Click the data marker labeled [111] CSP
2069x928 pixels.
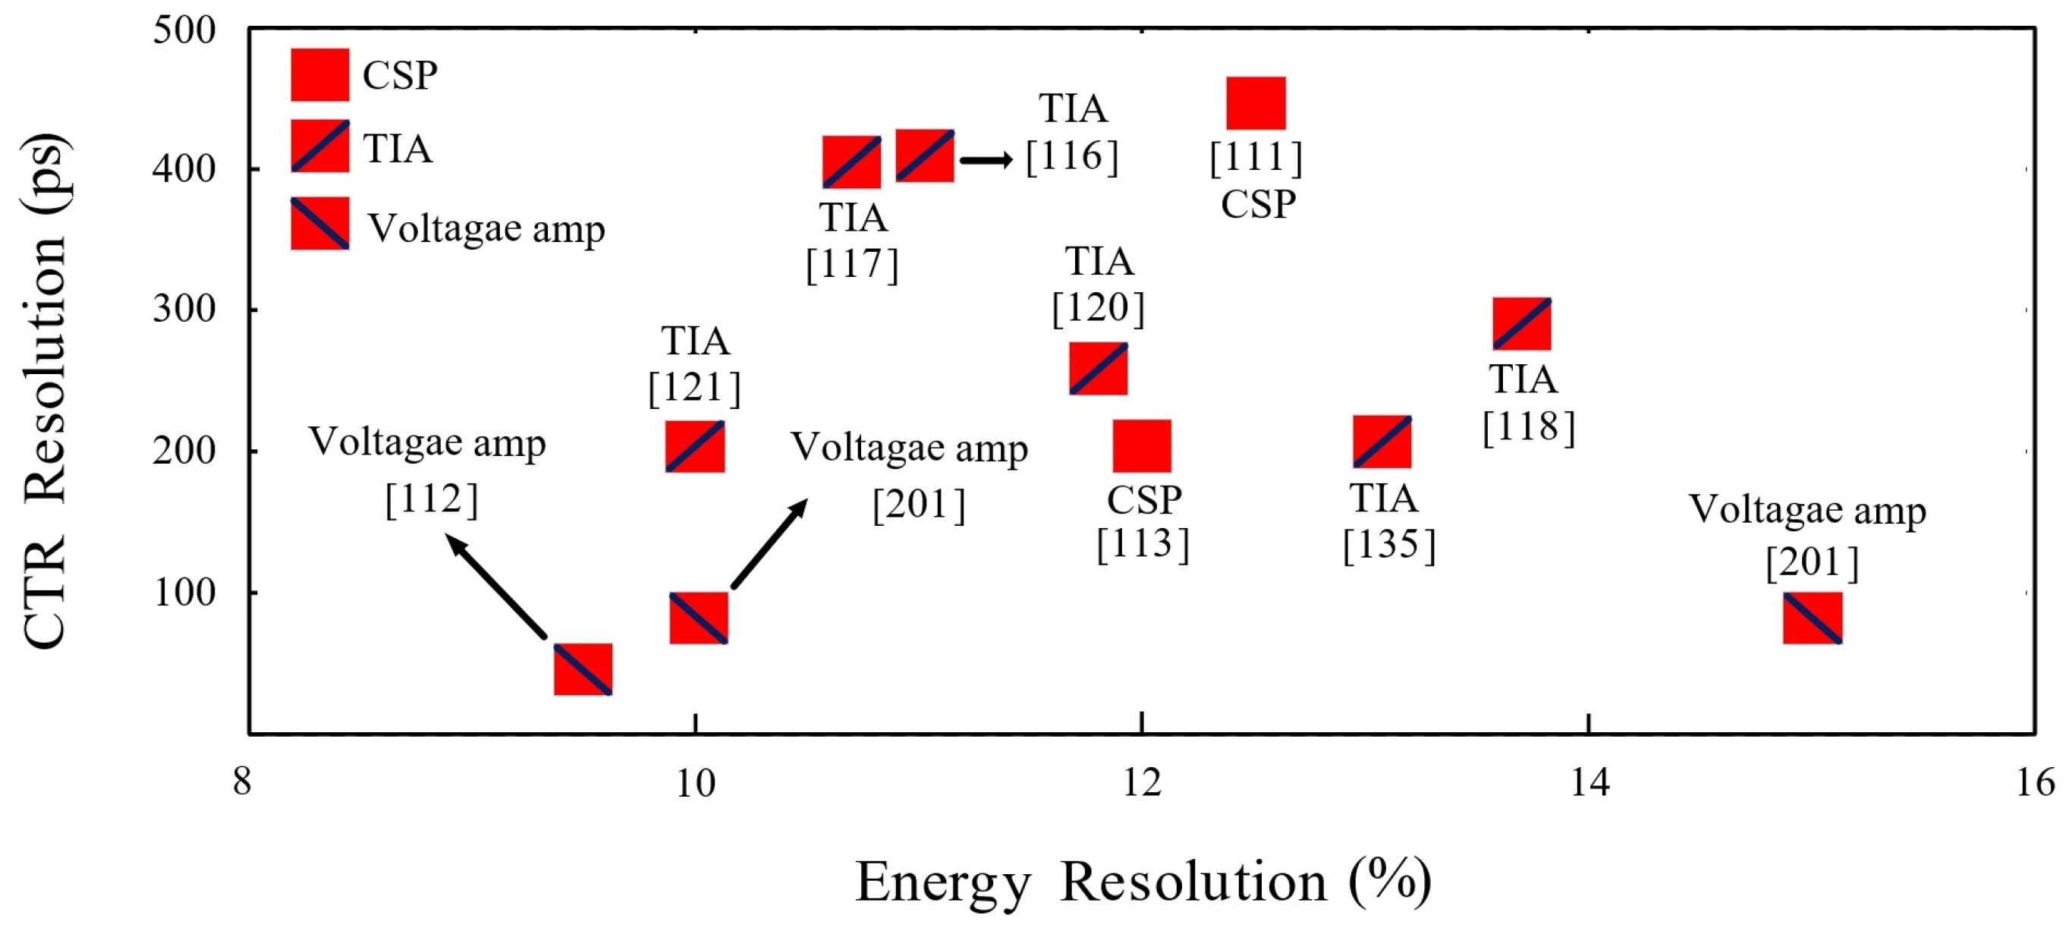coord(1256,103)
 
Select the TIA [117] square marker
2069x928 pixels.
coord(851,162)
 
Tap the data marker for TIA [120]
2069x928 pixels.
coord(1098,369)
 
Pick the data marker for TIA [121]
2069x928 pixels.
coord(695,446)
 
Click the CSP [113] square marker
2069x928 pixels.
coord(1141,446)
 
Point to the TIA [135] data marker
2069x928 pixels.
coord(1382,442)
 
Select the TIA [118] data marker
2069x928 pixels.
coord(1521,324)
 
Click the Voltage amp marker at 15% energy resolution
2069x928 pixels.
coord(1812,618)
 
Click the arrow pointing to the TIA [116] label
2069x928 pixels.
coord(986,160)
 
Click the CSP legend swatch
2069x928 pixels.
coord(319,74)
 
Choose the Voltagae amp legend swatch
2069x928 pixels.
coord(319,223)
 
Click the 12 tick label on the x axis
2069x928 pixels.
coord(1141,782)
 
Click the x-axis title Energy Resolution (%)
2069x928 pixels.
coord(1142,882)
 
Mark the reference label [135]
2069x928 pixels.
coord(1388,545)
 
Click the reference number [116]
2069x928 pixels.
coord(1071,156)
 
